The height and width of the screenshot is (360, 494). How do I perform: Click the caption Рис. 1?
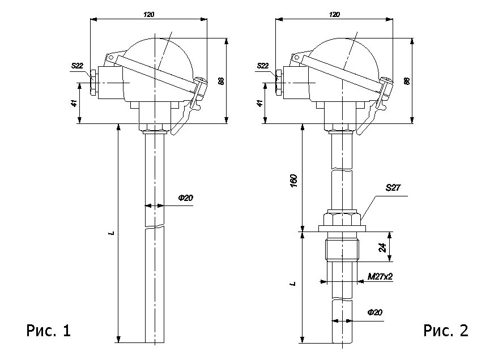coord(49,331)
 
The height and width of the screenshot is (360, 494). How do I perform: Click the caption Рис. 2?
coord(446,331)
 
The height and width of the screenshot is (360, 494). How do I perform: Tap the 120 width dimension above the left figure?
coord(148,14)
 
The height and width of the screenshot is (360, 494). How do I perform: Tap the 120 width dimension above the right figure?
coord(335,14)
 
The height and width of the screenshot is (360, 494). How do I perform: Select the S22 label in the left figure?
coord(77,66)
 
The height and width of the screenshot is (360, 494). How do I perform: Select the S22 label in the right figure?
coord(263,66)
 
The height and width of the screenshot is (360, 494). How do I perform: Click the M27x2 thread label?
coord(380,277)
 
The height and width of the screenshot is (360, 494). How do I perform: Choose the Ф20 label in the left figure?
coord(185,198)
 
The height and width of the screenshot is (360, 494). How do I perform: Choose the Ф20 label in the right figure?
coord(374,312)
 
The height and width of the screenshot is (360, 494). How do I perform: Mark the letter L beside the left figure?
coord(112,232)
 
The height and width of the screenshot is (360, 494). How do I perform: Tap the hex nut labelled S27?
coord(344,218)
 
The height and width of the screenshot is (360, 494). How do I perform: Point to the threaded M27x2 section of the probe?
coord(344,249)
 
